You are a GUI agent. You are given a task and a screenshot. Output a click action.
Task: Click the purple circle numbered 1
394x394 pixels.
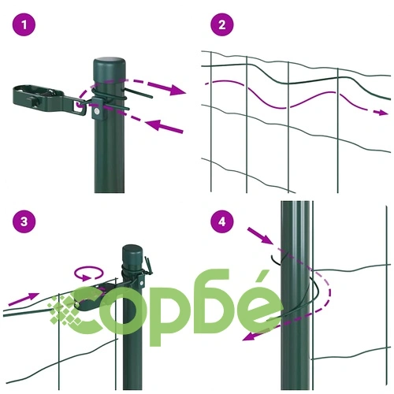[x=24, y=25]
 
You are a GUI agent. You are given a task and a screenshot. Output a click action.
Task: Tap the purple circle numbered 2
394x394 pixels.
[x=222, y=25]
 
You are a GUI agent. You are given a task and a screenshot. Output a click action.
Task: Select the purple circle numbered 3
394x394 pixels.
[x=24, y=221]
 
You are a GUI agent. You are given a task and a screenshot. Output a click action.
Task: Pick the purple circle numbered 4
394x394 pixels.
[x=222, y=221]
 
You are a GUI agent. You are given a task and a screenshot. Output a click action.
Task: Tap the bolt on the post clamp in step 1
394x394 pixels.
[x=97, y=111]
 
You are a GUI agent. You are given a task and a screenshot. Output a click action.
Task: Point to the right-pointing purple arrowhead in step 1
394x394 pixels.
[x=177, y=90]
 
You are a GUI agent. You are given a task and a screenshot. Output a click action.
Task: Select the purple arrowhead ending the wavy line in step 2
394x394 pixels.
[x=381, y=113]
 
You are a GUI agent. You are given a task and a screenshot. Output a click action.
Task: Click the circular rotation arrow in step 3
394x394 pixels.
[x=88, y=273]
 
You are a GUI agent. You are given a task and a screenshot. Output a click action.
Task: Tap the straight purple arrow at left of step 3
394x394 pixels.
[x=24, y=299]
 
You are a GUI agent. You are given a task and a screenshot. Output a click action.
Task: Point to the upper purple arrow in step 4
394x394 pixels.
[x=260, y=236]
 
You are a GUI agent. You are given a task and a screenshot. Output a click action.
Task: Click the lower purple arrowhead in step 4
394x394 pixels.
[x=251, y=336]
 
